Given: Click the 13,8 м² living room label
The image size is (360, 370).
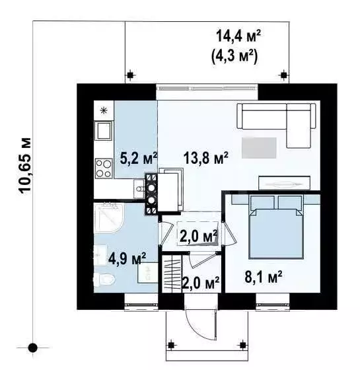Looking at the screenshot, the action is pyautogui.click(x=205, y=158).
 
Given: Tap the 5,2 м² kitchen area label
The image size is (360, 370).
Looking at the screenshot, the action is pyautogui.click(x=139, y=158).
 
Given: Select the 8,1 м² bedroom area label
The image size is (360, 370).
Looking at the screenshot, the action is pyautogui.click(x=264, y=276).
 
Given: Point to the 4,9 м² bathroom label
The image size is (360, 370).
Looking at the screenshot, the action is pyautogui.click(x=127, y=258).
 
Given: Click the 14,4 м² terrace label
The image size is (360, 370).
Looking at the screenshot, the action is pyautogui.click(x=238, y=36).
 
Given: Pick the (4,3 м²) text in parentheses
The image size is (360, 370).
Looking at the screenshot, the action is pyautogui.click(x=234, y=56).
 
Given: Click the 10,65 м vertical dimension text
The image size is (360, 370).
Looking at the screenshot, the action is pyautogui.click(x=25, y=166).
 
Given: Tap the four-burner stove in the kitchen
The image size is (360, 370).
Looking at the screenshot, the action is pyautogui.click(x=104, y=168).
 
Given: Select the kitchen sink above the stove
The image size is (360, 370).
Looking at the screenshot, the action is pyautogui.click(x=103, y=131).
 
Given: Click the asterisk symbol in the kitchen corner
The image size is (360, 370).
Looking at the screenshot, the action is pyautogui.click(x=104, y=110).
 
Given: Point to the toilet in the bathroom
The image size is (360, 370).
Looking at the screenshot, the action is pyautogui.click(x=104, y=279).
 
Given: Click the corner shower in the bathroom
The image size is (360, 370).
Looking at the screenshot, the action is pyautogui.click(x=108, y=218).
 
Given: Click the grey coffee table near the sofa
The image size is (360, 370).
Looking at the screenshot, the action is pyautogui.click(x=259, y=148).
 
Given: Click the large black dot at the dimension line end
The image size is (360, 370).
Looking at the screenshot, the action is pyautogui.click(x=33, y=348).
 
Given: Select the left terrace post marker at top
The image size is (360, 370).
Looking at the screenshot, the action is pyautogui.click(x=130, y=75).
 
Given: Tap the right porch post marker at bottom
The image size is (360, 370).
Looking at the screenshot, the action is pyautogui.click(x=243, y=345).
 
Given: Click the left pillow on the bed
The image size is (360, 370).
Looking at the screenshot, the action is pyautogui.click(x=262, y=202).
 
